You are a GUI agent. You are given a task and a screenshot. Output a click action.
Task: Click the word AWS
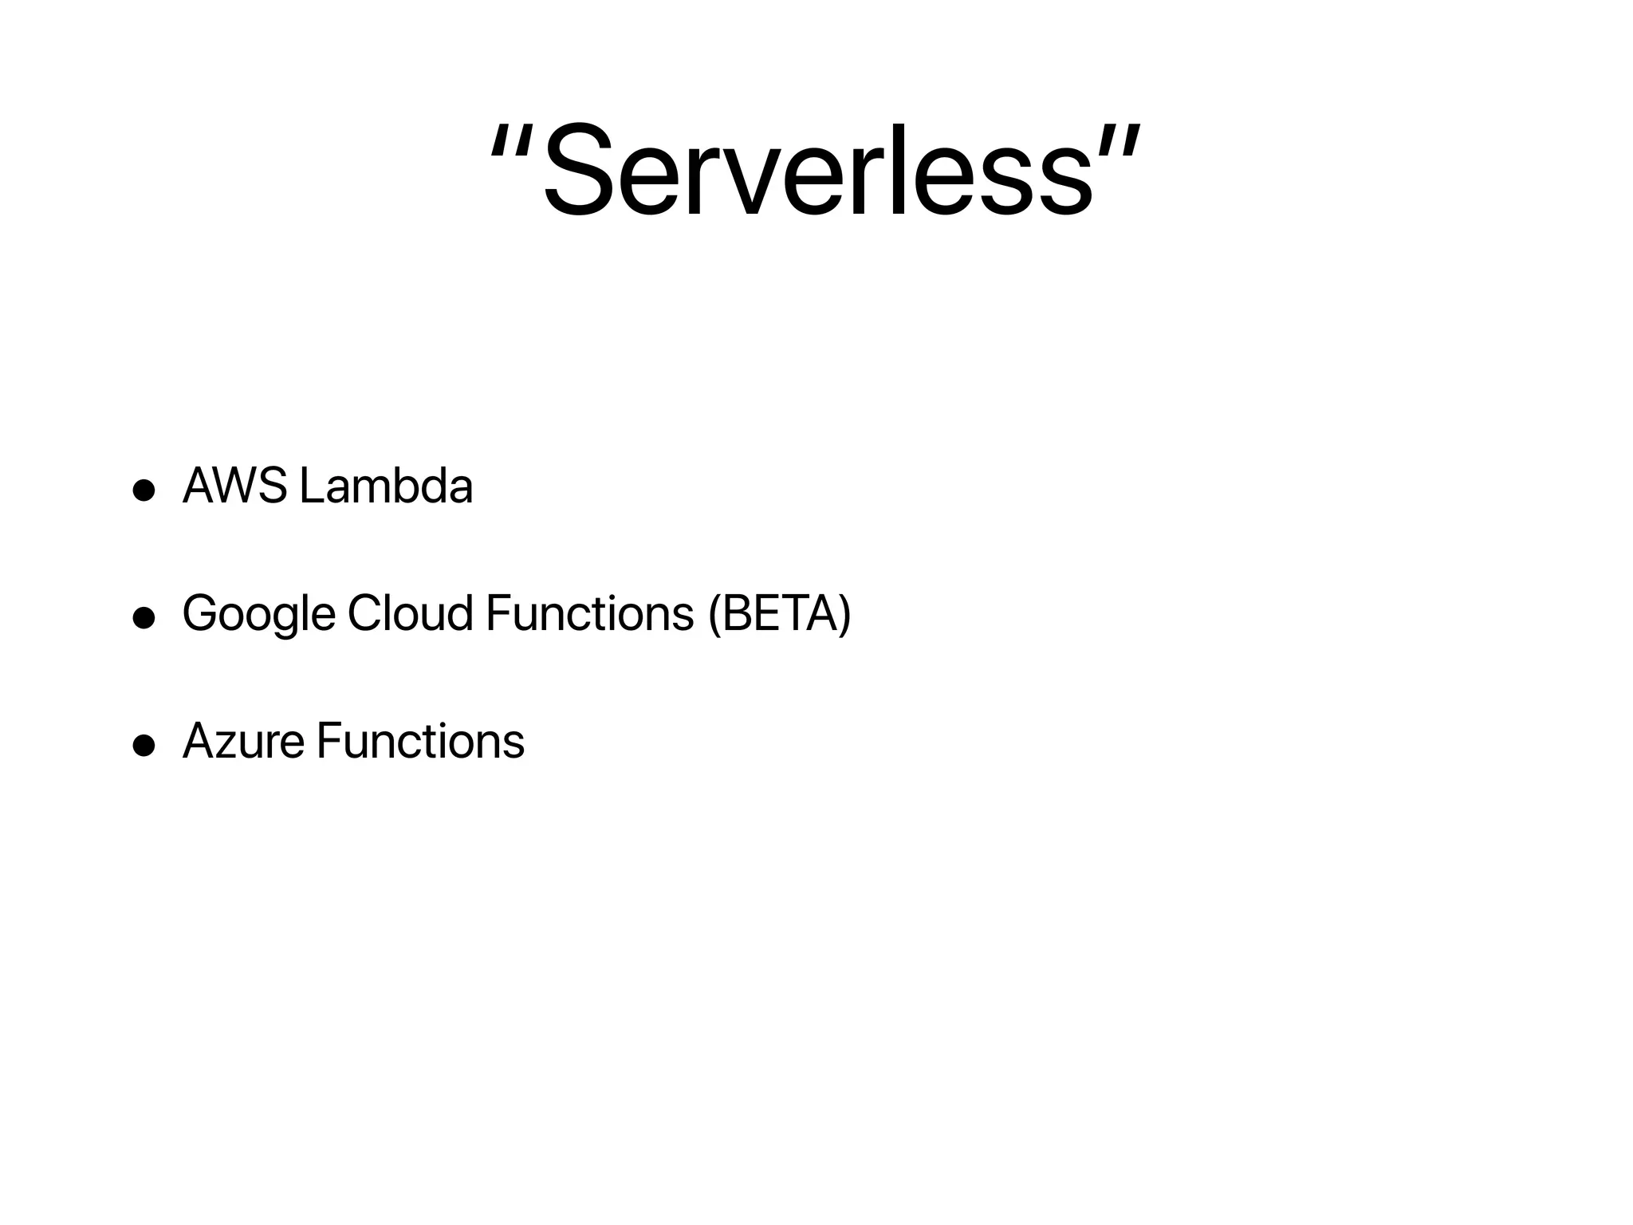click(234, 486)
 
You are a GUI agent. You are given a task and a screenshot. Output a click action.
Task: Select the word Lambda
click(386, 486)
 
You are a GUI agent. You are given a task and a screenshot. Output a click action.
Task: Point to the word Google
click(258, 615)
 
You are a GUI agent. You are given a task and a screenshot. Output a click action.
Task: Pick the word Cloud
click(410, 613)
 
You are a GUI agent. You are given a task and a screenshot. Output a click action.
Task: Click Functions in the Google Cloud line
click(589, 613)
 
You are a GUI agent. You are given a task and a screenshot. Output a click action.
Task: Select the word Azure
click(243, 741)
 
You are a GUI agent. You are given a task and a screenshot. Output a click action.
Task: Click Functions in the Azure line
click(420, 741)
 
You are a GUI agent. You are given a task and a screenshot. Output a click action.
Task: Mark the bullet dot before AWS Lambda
click(144, 490)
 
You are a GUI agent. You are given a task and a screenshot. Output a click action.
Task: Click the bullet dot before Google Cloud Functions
click(144, 618)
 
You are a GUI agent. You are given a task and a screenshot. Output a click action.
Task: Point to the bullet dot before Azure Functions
click(144, 746)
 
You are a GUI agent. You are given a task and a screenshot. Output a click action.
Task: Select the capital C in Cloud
click(366, 613)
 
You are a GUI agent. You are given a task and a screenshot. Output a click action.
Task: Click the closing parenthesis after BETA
click(844, 614)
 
